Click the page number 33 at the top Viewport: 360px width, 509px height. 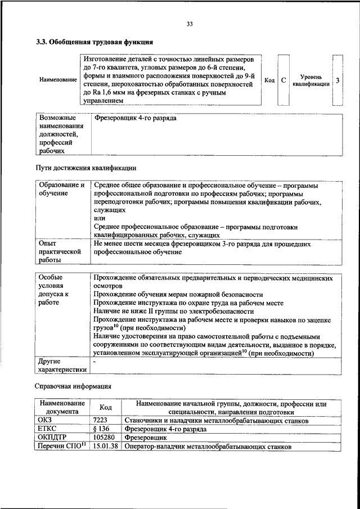(190, 24)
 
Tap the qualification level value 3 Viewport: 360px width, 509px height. (337, 80)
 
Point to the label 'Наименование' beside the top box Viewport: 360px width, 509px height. (58, 80)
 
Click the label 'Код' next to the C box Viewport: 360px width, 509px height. (269, 80)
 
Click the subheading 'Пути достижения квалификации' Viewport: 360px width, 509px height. (86, 168)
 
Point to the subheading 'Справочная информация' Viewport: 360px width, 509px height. (74, 386)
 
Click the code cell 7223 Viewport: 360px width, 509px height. (100, 420)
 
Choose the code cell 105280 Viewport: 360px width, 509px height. (103, 438)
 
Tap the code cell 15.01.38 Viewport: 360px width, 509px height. (105, 447)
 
